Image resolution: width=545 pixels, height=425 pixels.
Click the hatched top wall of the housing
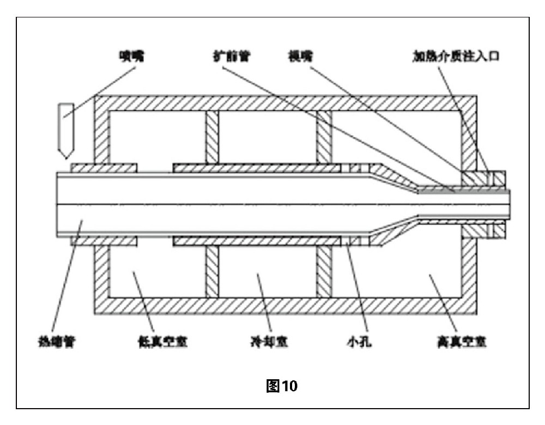click(x=283, y=103)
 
